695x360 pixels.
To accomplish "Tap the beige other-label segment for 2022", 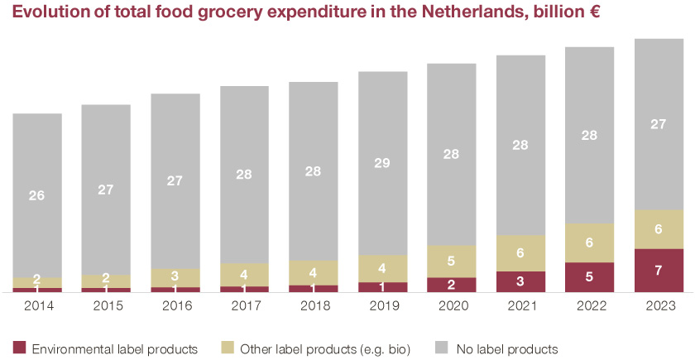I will (590, 242).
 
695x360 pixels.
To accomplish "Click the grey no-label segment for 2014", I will (37, 195).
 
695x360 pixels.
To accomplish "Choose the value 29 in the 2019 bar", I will (382, 163).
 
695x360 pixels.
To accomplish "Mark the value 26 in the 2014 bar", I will (37, 196).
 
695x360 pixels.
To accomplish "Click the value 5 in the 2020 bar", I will (452, 261).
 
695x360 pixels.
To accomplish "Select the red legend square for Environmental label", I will (19, 348).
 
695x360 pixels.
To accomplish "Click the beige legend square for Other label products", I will (228, 348).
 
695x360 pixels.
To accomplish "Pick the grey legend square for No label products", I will (440, 348).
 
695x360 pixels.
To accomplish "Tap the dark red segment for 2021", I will (521, 281).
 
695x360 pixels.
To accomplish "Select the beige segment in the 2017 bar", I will (244, 275).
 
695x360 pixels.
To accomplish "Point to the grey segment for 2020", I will (452, 154).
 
